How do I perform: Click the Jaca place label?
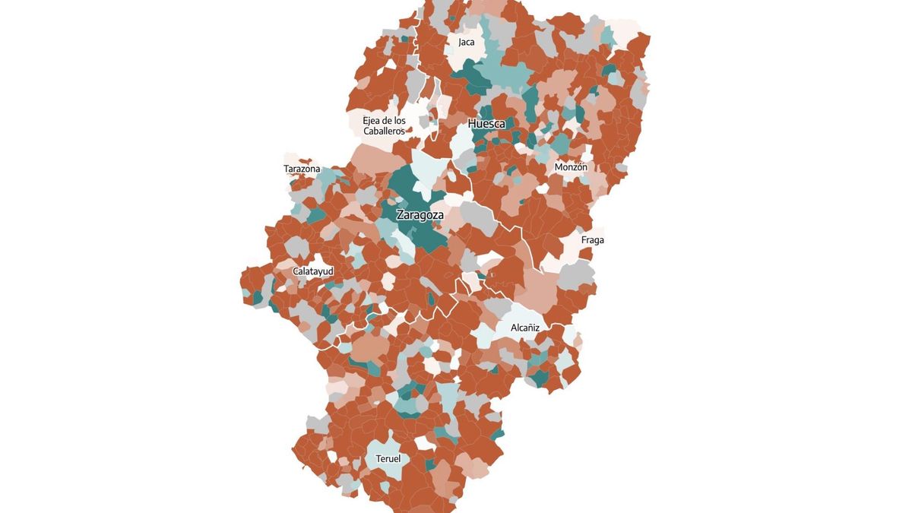[x=466, y=42]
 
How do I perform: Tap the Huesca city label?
[x=486, y=123]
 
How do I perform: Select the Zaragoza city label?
[x=420, y=215]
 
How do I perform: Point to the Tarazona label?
[x=302, y=169]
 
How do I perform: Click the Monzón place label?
[x=571, y=167]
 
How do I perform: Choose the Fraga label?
[x=592, y=240]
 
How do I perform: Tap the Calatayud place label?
[x=313, y=271]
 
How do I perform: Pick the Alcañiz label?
[x=525, y=327]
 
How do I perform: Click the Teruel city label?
[x=388, y=458]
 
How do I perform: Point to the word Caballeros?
[x=384, y=131]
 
